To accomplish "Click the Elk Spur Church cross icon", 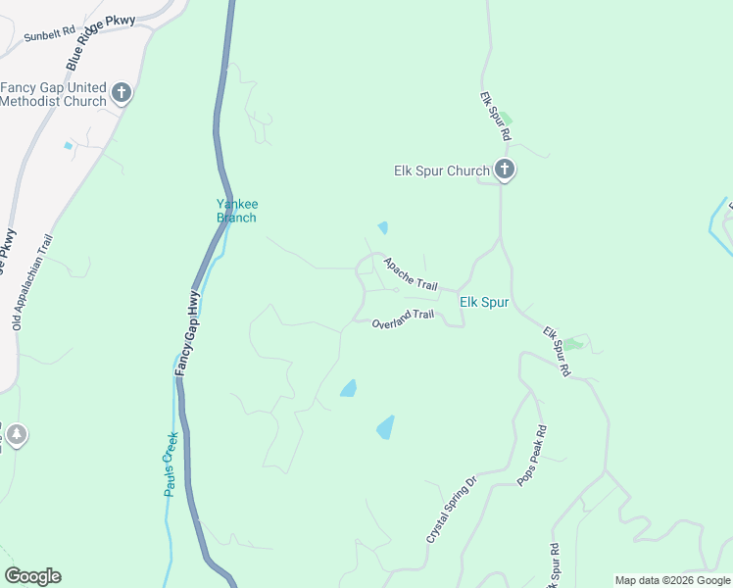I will tap(504, 171).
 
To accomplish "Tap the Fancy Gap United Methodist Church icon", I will tap(122, 94).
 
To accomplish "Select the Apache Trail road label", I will tap(411, 274).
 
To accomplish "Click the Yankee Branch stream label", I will tap(236, 211).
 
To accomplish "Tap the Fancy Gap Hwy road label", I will tap(188, 333).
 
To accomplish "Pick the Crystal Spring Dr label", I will tap(450, 510).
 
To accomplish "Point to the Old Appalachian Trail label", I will tap(32, 280).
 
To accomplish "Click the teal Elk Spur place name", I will tap(484, 302).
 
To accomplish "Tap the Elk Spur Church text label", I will tap(441, 171).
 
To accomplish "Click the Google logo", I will tap(32, 576).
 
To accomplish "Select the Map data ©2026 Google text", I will tap(672, 580).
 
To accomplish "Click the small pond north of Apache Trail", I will tap(383, 227).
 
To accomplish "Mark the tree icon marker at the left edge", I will tap(16, 433).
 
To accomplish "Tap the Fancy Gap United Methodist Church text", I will tap(54, 94).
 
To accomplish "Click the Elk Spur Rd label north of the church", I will tap(496, 116).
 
